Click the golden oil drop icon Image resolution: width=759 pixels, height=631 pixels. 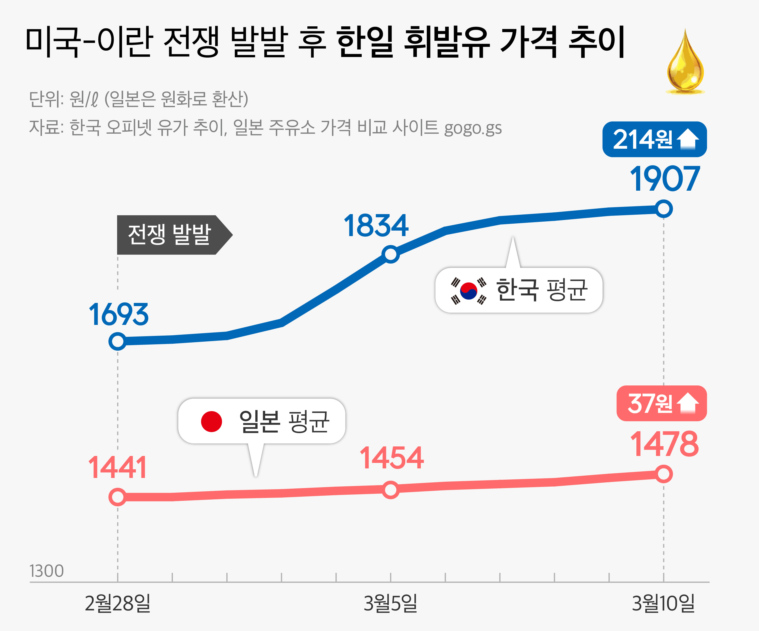click(x=685, y=63)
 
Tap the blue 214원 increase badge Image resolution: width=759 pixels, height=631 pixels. click(x=654, y=139)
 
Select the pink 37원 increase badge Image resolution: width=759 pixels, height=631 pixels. click(x=662, y=403)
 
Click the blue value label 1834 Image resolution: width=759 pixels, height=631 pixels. click(x=376, y=226)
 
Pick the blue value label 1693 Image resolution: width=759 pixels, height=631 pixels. click(x=119, y=314)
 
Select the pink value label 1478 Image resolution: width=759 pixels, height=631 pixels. click(x=664, y=444)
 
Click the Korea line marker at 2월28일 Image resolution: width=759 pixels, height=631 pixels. click(x=117, y=341)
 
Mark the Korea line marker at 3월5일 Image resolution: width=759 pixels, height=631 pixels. click(x=391, y=254)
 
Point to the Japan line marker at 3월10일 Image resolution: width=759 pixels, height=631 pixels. click(x=664, y=474)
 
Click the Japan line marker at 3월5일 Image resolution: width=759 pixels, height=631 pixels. click(x=391, y=490)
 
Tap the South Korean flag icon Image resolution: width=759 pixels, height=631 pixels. click(x=468, y=291)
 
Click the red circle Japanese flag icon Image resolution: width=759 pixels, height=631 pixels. click(x=211, y=422)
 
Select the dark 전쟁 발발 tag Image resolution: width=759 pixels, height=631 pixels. click(x=170, y=235)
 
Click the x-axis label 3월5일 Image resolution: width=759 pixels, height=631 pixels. click(x=391, y=603)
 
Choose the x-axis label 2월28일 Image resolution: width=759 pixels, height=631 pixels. click(x=117, y=603)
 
